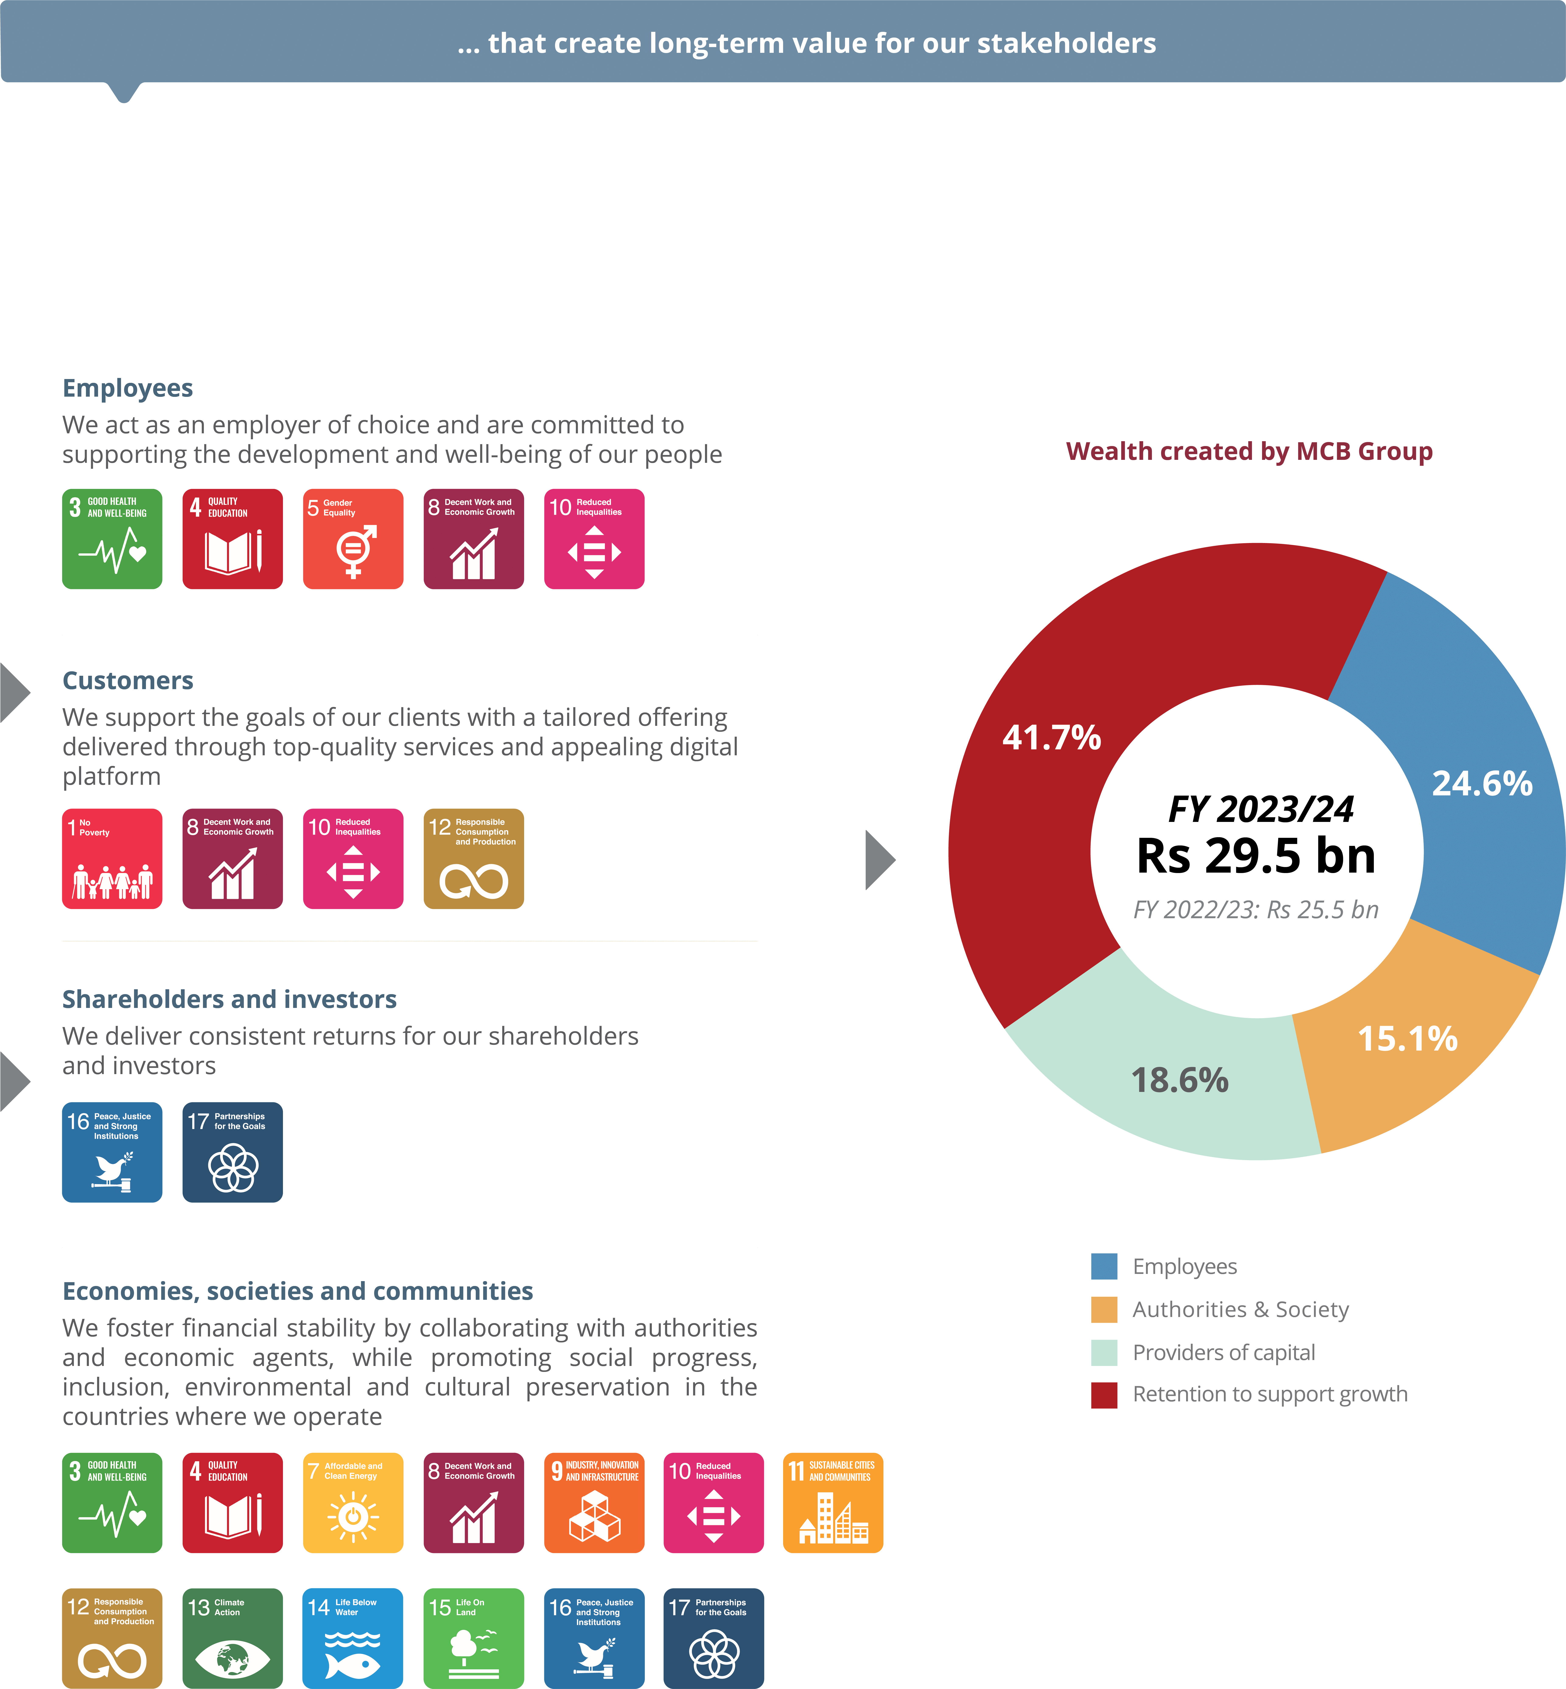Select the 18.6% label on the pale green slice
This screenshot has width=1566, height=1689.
pos(1180,1080)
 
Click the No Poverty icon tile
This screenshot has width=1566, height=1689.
pos(112,858)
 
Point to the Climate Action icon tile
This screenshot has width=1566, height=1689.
pos(232,1637)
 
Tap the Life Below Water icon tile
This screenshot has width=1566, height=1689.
pos(353,1637)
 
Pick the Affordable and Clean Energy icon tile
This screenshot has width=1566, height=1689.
pos(353,1503)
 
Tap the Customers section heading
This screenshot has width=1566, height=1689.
pos(128,680)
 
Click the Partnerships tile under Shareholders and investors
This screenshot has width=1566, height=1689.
pos(232,1152)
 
